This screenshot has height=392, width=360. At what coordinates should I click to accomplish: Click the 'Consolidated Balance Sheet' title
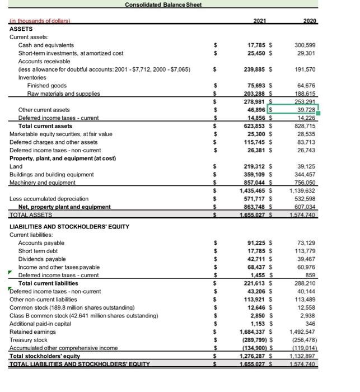(163, 4)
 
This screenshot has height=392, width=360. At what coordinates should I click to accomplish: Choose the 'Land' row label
(16, 166)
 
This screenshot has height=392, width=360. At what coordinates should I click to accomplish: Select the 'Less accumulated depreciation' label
(49, 198)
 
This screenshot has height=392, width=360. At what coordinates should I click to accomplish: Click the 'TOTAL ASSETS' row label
(31, 214)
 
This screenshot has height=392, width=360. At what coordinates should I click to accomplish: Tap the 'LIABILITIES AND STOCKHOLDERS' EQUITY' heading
(69, 226)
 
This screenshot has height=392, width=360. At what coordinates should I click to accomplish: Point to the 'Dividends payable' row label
(44, 259)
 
